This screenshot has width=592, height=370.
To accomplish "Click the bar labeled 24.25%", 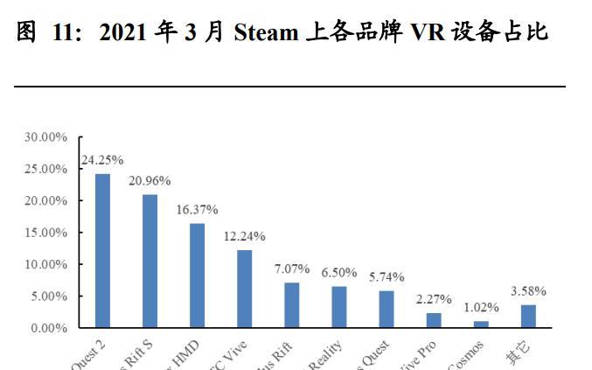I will (102, 250).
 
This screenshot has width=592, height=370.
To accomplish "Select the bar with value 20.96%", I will (150, 261).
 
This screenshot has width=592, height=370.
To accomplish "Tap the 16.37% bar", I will (197, 275).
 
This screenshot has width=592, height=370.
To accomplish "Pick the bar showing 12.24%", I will (244, 288).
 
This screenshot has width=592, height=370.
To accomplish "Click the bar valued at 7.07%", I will (292, 304).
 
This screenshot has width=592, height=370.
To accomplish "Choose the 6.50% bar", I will (339, 306).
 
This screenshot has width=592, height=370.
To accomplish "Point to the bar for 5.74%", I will (387, 309).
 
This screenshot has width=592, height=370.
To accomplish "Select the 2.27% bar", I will (434, 319).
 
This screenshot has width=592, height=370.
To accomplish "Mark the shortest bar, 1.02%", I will (481, 324).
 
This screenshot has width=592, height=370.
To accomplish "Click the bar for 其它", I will (528, 316).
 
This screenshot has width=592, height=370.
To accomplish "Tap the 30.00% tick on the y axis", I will (45, 137).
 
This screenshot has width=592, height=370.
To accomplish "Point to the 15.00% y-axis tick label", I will (45, 233).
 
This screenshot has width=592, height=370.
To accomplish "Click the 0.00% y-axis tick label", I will (48, 328).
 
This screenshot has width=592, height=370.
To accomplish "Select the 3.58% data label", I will (528, 290).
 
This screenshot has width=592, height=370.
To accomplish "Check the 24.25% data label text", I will (102, 160).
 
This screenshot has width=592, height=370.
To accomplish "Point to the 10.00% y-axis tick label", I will (45, 264).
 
